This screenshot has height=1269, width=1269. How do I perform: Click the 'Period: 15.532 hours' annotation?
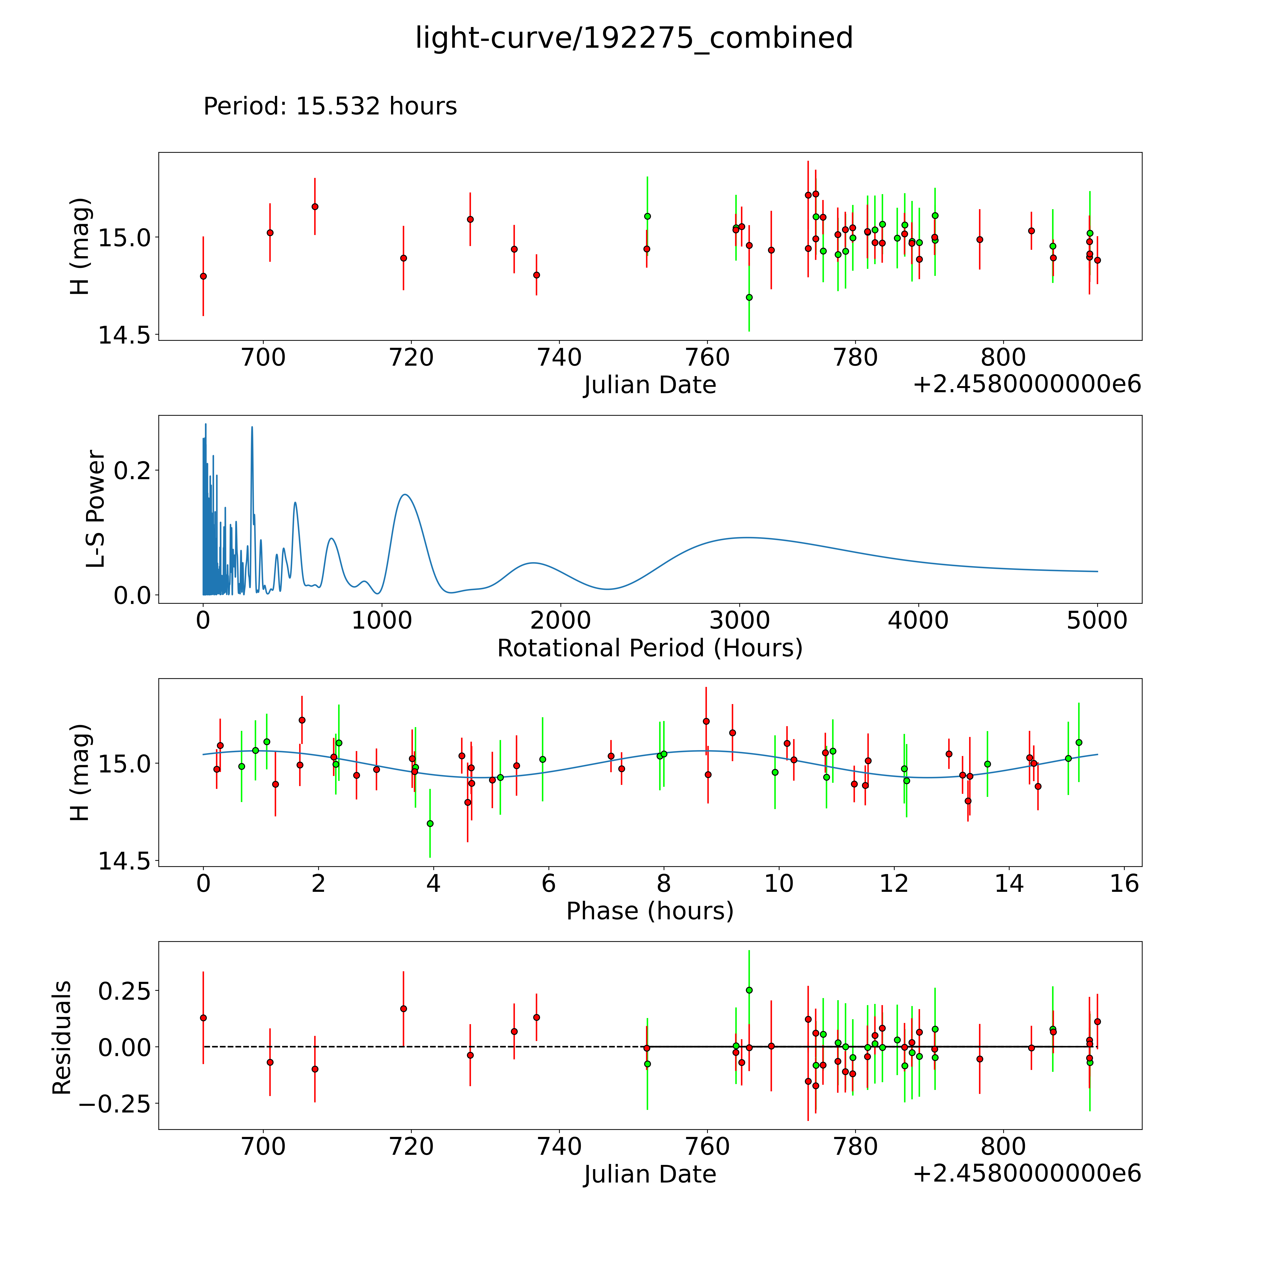[x=330, y=106]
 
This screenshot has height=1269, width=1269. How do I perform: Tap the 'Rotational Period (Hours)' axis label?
[x=650, y=648]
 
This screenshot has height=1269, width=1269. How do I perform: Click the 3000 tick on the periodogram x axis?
[x=740, y=621]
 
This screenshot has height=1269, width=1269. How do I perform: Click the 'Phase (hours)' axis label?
[x=650, y=911]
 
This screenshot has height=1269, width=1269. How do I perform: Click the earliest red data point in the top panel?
[x=203, y=276]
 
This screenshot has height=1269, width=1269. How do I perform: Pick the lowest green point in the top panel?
[x=749, y=297]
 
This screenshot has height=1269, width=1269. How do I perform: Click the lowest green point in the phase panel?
[x=430, y=823]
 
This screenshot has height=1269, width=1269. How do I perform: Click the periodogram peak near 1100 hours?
[x=405, y=494]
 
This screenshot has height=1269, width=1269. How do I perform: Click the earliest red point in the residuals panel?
[x=203, y=1018]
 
